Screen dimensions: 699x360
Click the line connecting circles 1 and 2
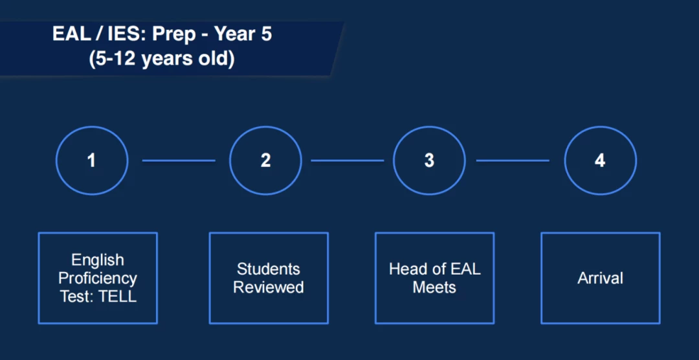tap(179, 161)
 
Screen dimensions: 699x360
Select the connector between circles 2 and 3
tap(348, 161)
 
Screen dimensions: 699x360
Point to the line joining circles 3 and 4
tap(513, 161)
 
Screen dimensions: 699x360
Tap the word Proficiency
tap(98, 279)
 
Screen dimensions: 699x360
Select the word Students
tap(269, 269)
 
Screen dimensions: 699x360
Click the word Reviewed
tap(269, 287)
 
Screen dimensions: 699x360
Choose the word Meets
tap(434, 287)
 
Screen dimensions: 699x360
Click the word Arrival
tap(601, 278)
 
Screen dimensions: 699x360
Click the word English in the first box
tap(98, 260)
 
